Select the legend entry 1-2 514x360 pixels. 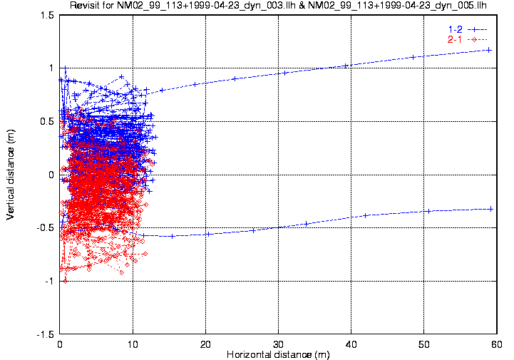[x=454, y=29]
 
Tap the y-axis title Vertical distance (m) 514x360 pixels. [x=10, y=175]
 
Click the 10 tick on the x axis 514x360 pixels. [x=133, y=344]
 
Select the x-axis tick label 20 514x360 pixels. [x=206, y=344]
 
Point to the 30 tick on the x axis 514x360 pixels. [x=279, y=344]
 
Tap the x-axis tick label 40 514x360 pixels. [x=351, y=344]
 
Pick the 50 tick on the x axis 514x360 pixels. [x=424, y=344]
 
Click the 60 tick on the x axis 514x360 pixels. [x=496, y=344]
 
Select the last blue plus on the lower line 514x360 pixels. [x=490, y=209]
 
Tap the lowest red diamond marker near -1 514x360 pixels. [x=66, y=281]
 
